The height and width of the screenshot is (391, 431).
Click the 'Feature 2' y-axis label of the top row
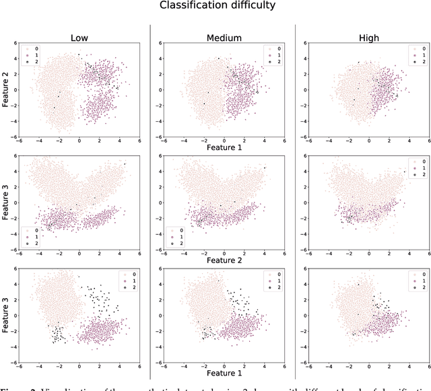click(x=6, y=92)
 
